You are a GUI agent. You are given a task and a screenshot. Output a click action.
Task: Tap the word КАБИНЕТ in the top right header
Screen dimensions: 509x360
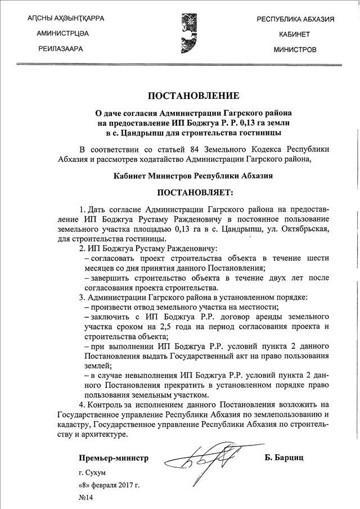click(x=295, y=34)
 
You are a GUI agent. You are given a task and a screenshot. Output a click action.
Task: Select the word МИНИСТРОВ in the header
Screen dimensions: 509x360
click(x=295, y=49)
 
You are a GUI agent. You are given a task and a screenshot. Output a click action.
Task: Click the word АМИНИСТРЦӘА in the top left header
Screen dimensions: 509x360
click(x=62, y=34)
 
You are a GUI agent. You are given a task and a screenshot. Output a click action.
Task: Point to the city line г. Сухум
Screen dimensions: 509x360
click(x=92, y=472)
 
